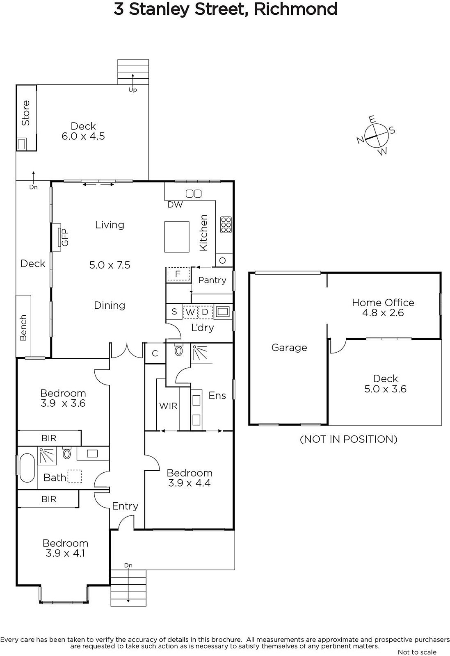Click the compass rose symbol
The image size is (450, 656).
377,136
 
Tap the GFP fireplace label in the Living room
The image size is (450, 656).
65,237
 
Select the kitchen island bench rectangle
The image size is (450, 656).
177,237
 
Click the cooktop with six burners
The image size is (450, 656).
226,225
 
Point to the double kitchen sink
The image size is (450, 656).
194,194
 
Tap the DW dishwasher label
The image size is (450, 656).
175,205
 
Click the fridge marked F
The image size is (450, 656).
178,274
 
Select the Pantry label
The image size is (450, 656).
212,280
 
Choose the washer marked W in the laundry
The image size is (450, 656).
190,312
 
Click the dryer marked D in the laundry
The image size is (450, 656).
205,312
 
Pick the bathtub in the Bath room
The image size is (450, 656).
27,468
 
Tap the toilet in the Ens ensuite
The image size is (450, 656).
179,349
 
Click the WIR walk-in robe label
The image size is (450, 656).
168,406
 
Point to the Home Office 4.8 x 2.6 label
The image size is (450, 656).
383,307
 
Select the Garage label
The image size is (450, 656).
289,348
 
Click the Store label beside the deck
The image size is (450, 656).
26,113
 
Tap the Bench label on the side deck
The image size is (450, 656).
23,328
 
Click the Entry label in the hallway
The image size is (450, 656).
125,506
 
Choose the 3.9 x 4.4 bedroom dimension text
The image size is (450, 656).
189,483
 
